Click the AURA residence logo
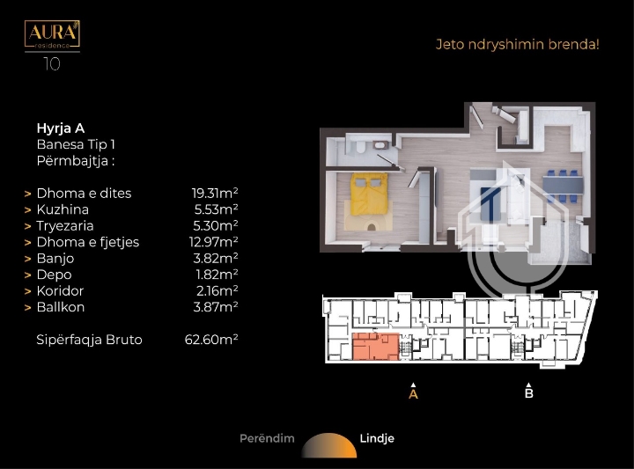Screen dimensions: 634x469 (x=52, y=34)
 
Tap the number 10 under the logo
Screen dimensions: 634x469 (x=52, y=64)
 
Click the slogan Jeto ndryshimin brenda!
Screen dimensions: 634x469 (x=517, y=44)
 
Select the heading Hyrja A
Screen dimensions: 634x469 (x=61, y=128)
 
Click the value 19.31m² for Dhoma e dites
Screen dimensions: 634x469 (x=215, y=193)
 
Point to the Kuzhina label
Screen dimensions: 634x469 (x=63, y=209)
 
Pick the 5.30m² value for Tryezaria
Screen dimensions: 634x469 (x=216, y=225)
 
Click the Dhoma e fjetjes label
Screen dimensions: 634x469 (x=88, y=242)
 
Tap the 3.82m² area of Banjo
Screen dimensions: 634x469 (x=216, y=258)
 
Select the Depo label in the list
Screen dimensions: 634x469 (x=55, y=275)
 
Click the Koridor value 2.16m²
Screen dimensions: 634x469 (x=217, y=290)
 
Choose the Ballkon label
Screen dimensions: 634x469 (x=61, y=307)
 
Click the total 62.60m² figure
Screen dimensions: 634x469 (x=211, y=340)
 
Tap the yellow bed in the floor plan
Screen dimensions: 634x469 (x=369, y=194)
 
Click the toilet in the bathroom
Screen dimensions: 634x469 (x=361, y=147)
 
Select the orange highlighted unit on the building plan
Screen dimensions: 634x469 (x=376, y=346)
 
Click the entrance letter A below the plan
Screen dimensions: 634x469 (x=413, y=393)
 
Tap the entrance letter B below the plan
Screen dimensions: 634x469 (x=529, y=393)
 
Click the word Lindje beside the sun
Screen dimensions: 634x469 (x=377, y=439)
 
